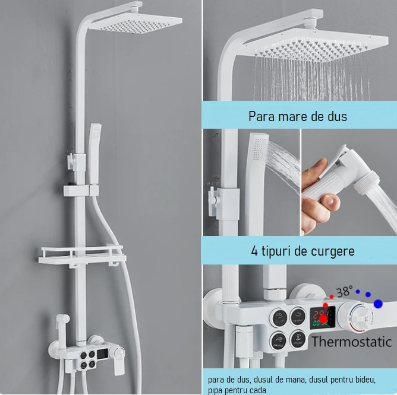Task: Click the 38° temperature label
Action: (342, 292)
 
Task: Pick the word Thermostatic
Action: (351, 341)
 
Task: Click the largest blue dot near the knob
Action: (379, 304)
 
